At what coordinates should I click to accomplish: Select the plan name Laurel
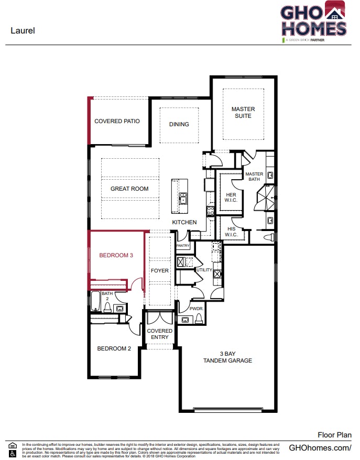tap(23, 30)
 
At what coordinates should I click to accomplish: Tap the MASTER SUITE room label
tap(243, 113)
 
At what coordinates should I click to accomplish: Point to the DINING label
tap(179, 124)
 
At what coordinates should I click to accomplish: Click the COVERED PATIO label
tap(117, 121)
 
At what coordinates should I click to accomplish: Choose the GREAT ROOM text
tap(129, 189)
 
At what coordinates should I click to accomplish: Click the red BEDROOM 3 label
tap(116, 256)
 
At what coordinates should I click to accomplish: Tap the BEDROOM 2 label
tap(114, 348)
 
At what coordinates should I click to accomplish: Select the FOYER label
tap(160, 271)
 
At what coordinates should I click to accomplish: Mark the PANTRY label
tap(183, 246)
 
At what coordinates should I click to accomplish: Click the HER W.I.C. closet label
tap(231, 197)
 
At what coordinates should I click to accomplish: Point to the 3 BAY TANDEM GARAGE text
tap(227, 357)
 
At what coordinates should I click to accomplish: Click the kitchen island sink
tap(182, 198)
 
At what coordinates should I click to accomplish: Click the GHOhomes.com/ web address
tap(320, 447)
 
